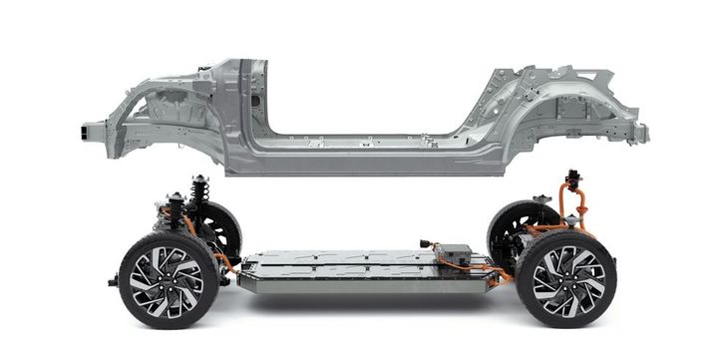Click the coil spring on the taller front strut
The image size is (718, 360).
coord(199,190)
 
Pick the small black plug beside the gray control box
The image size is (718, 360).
coord(427,243)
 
